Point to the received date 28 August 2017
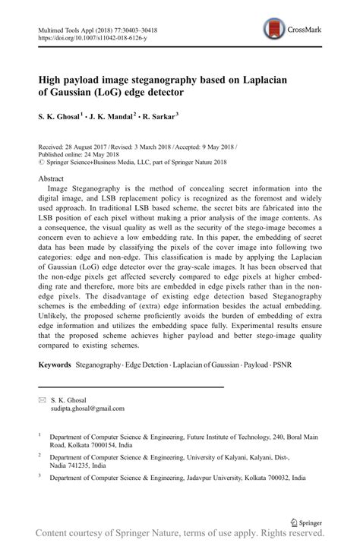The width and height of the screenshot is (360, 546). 90,143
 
